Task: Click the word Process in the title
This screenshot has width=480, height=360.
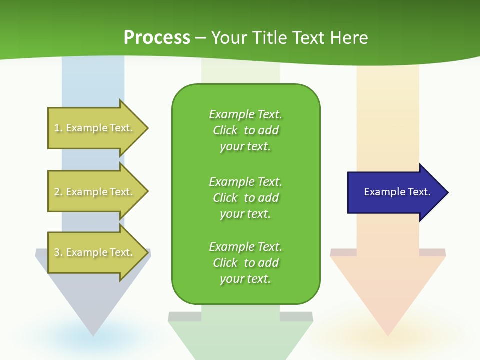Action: [x=157, y=38]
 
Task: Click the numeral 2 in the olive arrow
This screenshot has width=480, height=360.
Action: [x=57, y=192]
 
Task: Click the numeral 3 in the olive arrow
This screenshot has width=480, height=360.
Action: [x=57, y=252]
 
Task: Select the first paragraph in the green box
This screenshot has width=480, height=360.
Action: [x=246, y=130]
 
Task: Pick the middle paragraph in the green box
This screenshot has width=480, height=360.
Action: [x=246, y=198]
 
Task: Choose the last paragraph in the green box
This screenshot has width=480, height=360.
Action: [x=246, y=263]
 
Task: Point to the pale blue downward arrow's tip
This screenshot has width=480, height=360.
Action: [x=93, y=334]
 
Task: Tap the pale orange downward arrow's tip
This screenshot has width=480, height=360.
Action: [x=388, y=334]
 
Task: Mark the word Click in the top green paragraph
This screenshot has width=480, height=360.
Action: [x=225, y=130]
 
